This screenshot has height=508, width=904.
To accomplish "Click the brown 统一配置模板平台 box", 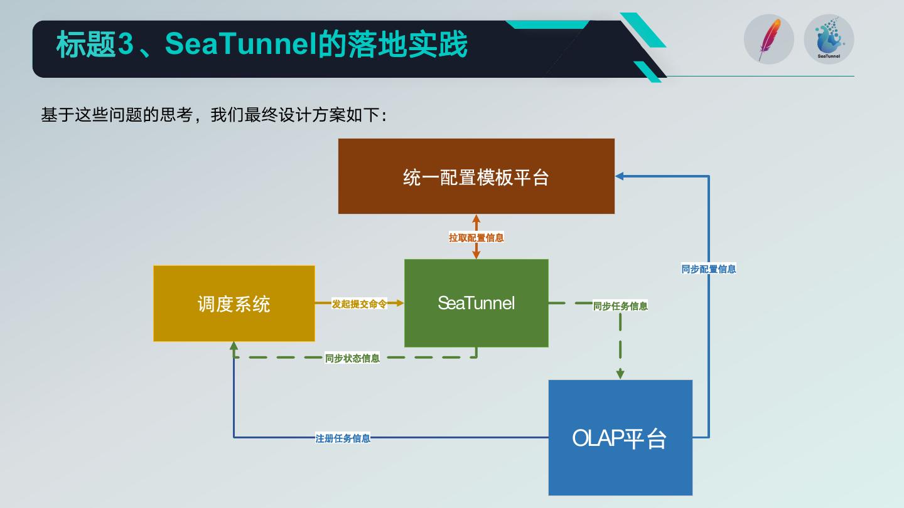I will (476, 176).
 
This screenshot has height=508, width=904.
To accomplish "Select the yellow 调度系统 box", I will (234, 304).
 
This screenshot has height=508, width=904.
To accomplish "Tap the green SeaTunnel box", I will (476, 303).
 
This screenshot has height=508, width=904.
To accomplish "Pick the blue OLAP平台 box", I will (620, 437).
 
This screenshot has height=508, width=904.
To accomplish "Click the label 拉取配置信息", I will (476, 238).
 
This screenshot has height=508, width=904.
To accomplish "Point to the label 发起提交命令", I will (359, 304).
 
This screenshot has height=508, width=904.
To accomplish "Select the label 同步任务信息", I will (620, 306).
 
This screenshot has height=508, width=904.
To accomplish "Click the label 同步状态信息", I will (352, 358).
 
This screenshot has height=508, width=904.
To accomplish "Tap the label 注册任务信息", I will (343, 438).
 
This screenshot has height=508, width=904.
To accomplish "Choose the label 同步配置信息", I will (709, 269).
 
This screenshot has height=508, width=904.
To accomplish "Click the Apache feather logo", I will (769, 40).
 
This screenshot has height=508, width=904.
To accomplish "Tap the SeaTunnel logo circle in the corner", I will (829, 40).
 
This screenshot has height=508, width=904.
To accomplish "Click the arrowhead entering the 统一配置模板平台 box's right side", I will (619, 176).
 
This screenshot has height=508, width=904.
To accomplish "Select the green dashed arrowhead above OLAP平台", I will (620, 374).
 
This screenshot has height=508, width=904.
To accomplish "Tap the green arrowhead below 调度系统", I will (234, 346).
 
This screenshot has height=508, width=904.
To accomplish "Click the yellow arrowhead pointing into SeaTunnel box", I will (399, 303).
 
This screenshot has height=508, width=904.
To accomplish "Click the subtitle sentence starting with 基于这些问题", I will (213, 115).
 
